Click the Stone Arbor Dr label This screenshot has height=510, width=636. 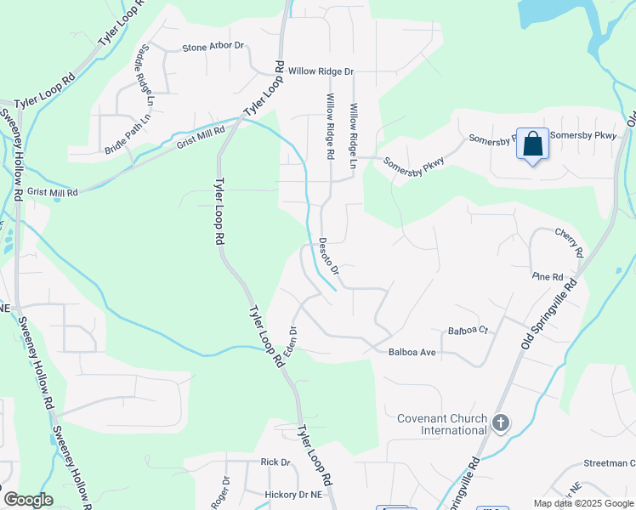tap(213, 48)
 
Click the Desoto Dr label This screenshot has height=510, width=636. tap(329, 256)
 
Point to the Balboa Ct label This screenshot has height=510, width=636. tap(468, 331)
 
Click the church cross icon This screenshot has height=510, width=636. tap(502, 422)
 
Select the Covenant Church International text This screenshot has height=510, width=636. tap(441, 424)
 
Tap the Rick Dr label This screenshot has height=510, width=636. tap(275, 462)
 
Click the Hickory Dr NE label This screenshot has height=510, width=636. tap(293, 494)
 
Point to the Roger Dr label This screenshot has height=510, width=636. tap(224, 491)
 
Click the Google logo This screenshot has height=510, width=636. tap(28, 500)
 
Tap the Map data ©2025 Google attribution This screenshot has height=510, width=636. tap(582, 503)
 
